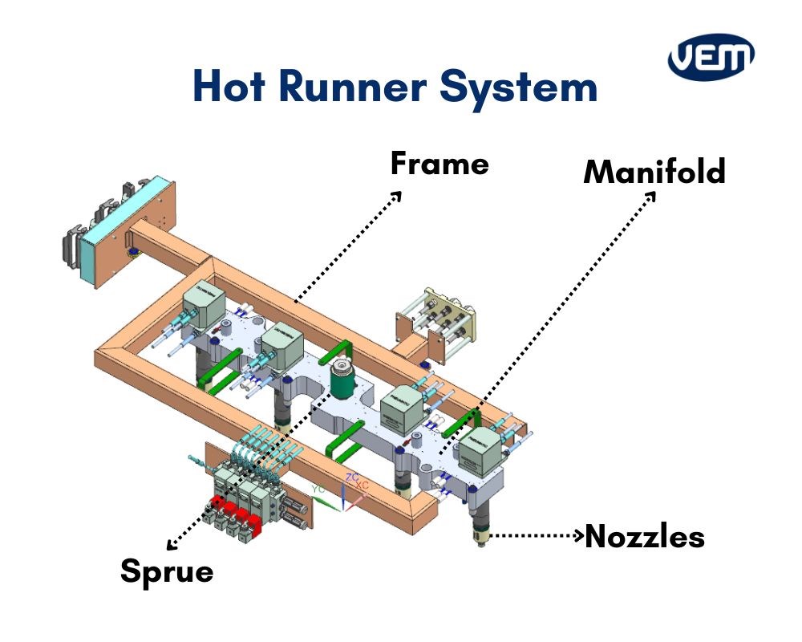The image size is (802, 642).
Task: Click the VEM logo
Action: (711, 59)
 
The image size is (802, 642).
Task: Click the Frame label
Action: (439, 164)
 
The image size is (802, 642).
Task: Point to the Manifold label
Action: (654, 172)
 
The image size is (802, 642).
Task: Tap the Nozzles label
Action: (645, 537)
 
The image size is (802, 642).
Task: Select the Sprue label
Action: (167, 572)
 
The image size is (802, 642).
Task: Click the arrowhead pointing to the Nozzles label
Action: (578, 534)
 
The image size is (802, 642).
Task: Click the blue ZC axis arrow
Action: (345, 494)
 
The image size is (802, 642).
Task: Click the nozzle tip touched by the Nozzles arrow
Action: (480, 536)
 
